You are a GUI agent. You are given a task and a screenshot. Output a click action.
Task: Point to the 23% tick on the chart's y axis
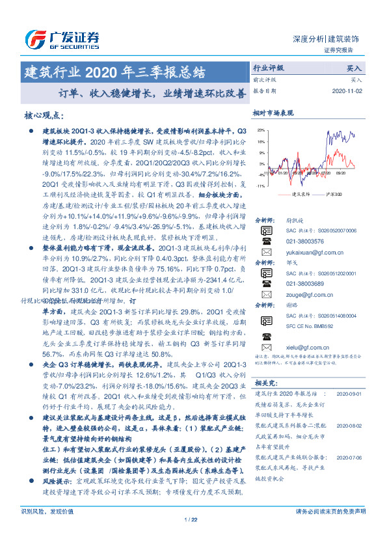[260, 130]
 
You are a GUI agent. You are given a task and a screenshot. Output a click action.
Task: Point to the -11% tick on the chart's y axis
[260, 186]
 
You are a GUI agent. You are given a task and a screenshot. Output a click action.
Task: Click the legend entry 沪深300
[330, 194]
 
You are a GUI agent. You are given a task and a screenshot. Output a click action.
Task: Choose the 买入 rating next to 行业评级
[354, 68]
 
